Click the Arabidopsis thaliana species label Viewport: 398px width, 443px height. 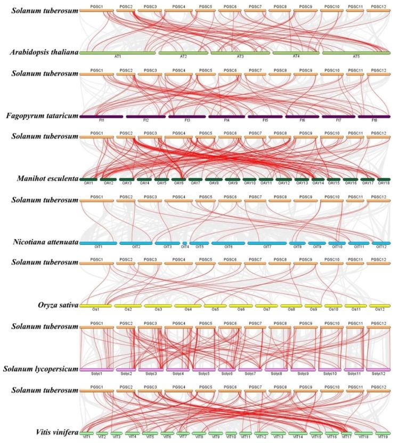[44, 52]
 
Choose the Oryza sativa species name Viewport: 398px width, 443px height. [53, 305]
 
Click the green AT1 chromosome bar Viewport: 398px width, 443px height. [117, 53]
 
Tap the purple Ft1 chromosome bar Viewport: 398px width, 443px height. [101, 116]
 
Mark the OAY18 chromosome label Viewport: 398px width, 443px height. [384, 184]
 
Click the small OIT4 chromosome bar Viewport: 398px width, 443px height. [185, 243]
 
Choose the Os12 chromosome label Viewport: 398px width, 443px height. [380, 310]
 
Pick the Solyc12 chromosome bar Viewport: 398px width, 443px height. [379, 369]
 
